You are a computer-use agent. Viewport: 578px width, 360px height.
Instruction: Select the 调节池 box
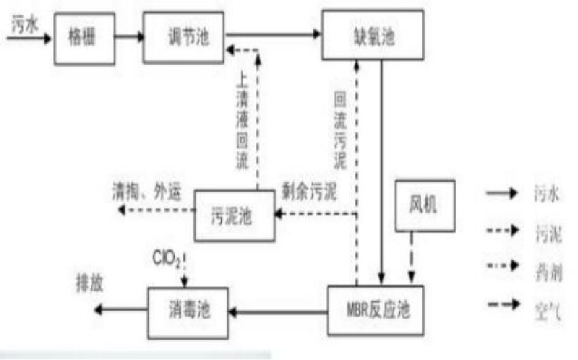tap(184, 38)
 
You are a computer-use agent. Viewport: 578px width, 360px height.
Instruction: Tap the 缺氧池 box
tap(372, 36)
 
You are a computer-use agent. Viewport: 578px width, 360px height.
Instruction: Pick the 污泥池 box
tap(234, 216)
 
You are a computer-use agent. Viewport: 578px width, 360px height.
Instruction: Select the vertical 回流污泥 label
tap(340, 131)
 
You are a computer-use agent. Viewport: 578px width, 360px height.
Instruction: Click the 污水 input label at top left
tap(23, 27)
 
